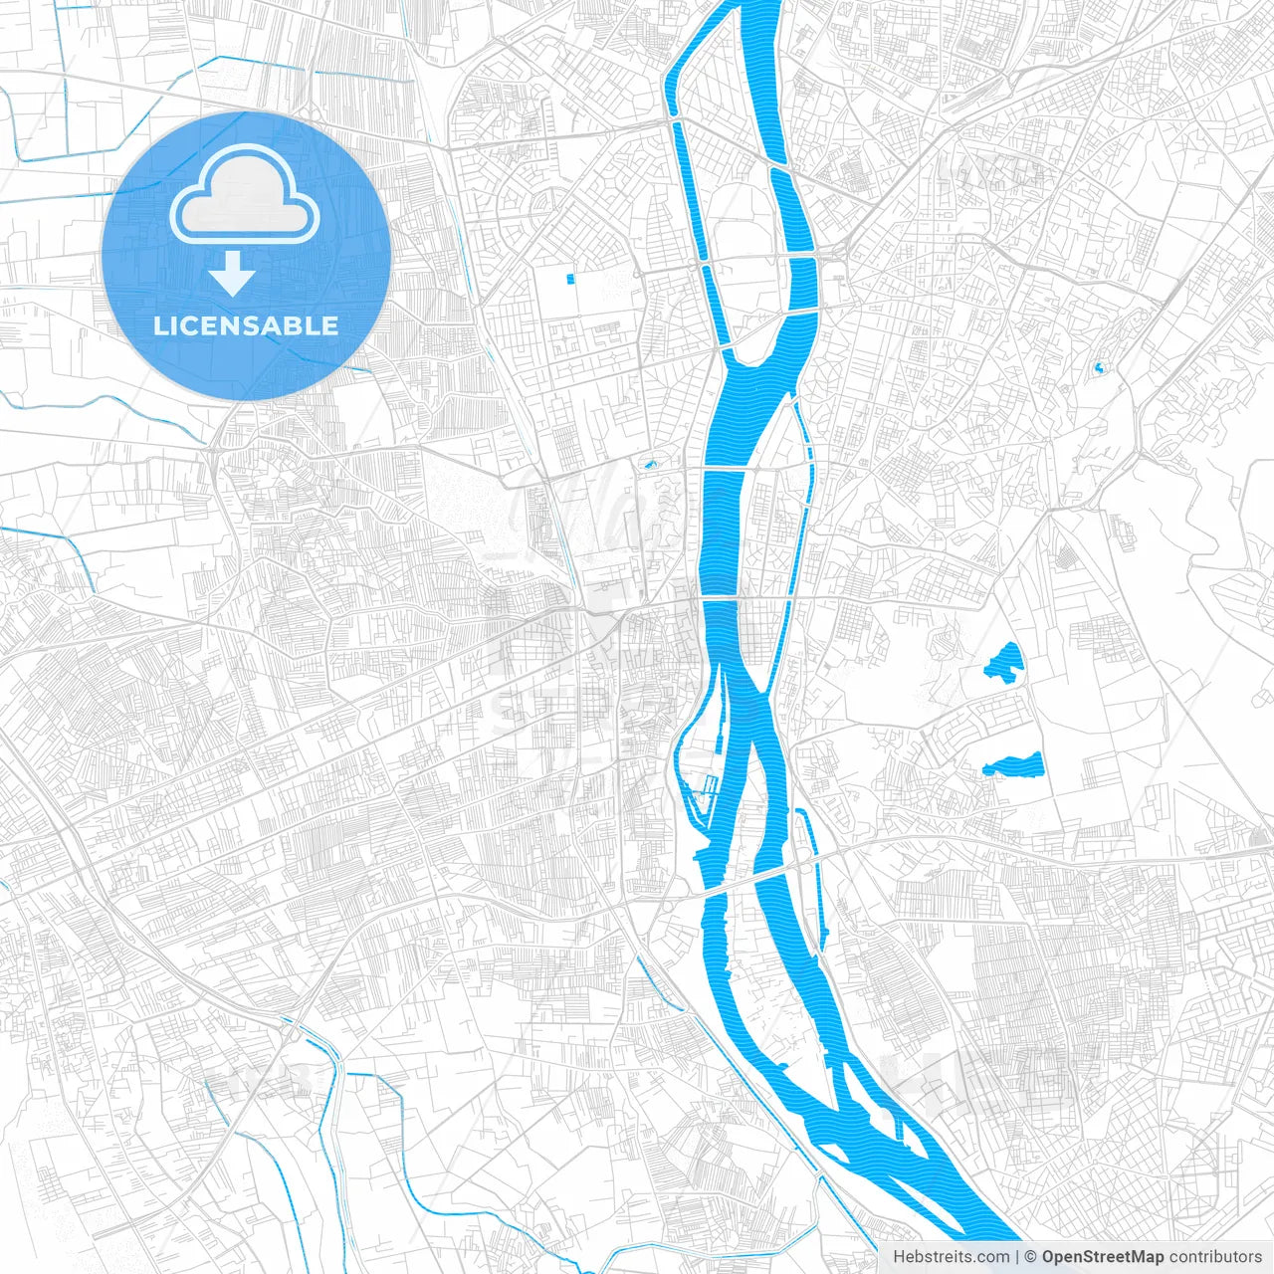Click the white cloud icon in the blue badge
(244, 195)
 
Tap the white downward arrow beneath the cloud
(233, 274)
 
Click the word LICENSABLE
(246, 325)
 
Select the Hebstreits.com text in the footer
(951, 1257)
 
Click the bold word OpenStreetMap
(1102, 1257)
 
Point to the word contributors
(1215, 1257)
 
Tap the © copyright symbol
(1031, 1257)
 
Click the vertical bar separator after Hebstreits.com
(1017, 1257)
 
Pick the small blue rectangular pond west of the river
(570, 279)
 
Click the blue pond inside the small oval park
(651, 464)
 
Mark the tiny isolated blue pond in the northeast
(1099, 368)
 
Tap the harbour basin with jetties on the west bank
(709, 786)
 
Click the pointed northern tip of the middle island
(793, 401)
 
